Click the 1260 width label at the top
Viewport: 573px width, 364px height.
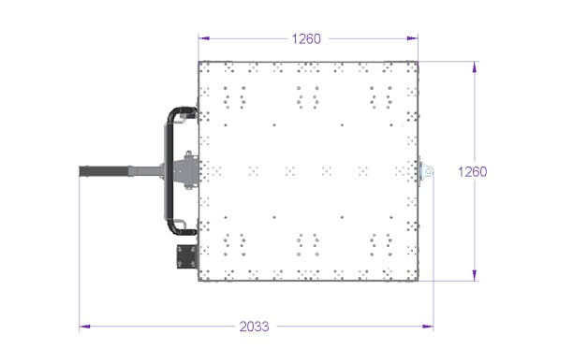[x=306, y=38]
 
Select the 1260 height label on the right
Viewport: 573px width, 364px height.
[x=473, y=171]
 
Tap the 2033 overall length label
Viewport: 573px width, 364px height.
[x=254, y=327]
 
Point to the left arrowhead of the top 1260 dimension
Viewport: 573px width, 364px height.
[x=204, y=38]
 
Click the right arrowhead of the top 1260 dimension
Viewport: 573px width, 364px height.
[x=413, y=38]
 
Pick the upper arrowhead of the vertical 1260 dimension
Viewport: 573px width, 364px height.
[x=475, y=67]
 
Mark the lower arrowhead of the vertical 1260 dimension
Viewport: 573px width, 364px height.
[x=475, y=275]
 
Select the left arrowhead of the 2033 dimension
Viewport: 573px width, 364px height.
[x=85, y=327]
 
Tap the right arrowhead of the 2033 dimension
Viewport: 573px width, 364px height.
[x=428, y=327]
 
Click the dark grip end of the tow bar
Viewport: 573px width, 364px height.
[x=105, y=171]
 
